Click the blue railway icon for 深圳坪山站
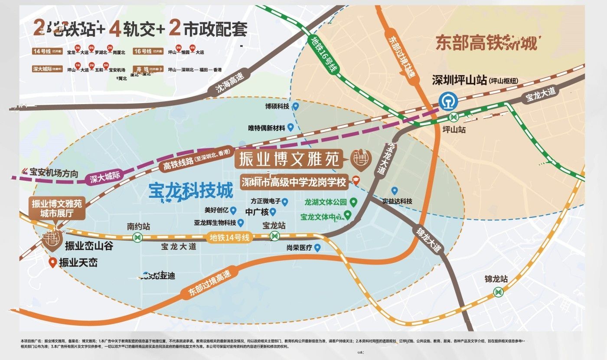pyautogui.click(x=446, y=102)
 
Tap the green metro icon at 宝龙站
pyautogui.click(x=275, y=236)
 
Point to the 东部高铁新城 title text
pyautogui.click(x=486, y=44)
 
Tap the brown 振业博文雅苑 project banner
pyautogui.click(x=289, y=159)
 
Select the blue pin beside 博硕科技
pyautogui.click(x=296, y=106)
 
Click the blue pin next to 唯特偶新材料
pyautogui.click(x=291, y=127)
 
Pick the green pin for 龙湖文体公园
pyautogui.click(x=353, y=202)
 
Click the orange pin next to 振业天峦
pyautogui.click(x=52, y=262)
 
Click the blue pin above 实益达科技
pyautogui.click(x=395, y=190)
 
